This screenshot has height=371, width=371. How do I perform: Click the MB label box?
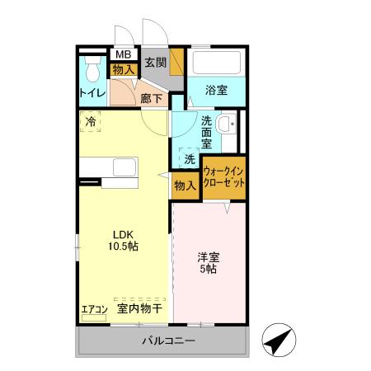(123, 55)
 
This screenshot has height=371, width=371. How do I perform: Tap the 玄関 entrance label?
(156, 62)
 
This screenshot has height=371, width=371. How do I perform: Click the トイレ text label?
(92, 93)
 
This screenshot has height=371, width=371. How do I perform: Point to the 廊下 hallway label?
(152, 98)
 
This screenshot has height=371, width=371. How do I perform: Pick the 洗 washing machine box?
(190, 158)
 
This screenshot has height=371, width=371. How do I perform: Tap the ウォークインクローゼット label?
(224, 176)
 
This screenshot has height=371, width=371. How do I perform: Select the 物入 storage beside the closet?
(185, 185)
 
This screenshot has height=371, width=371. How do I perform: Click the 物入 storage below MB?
(123, 70)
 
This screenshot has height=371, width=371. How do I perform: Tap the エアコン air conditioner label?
(94, 310)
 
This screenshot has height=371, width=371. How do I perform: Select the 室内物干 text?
(139, 309)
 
